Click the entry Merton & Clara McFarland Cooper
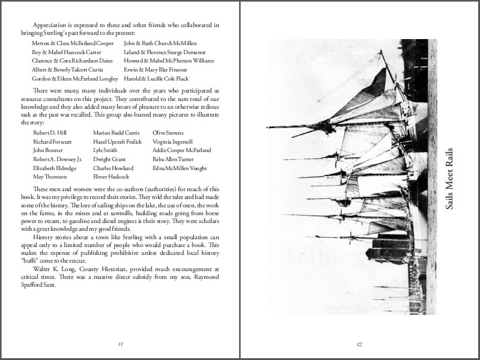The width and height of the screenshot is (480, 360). [72, 43]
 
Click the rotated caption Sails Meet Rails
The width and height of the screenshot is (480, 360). [451, 178]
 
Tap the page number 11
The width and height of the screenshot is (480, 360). [120, 344]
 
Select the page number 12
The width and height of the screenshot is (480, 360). [359, 344]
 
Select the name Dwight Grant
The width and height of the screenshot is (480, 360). [111, 159]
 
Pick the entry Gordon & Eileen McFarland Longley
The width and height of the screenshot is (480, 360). [75, 79]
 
